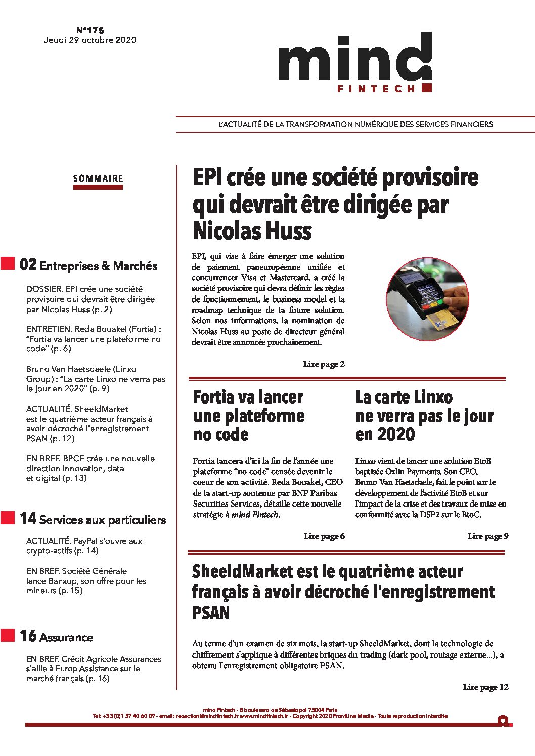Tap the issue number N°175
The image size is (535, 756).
(90, 31)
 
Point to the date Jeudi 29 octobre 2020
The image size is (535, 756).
(90, 40)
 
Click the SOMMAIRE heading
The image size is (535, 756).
(98, 178)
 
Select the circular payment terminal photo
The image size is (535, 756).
(428, 299)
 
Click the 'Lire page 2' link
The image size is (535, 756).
(324, 364)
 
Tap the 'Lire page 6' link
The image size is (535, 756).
(324, 536)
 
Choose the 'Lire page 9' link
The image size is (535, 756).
(487, 536)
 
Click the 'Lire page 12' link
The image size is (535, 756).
(485, 687)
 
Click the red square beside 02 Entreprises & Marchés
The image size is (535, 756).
(8, 263)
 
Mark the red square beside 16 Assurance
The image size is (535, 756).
(8, 635)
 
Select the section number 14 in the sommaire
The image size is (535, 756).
(28, 518)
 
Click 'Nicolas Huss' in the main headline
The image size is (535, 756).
(252, 231)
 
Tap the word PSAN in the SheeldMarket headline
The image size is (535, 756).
(211, 613)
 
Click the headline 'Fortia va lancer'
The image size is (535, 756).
(248, 397)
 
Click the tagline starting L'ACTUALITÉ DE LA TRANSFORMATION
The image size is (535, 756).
(355, 124)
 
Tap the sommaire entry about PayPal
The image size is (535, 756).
(84, 546)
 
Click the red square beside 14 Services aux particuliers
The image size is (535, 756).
(8, 518)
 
